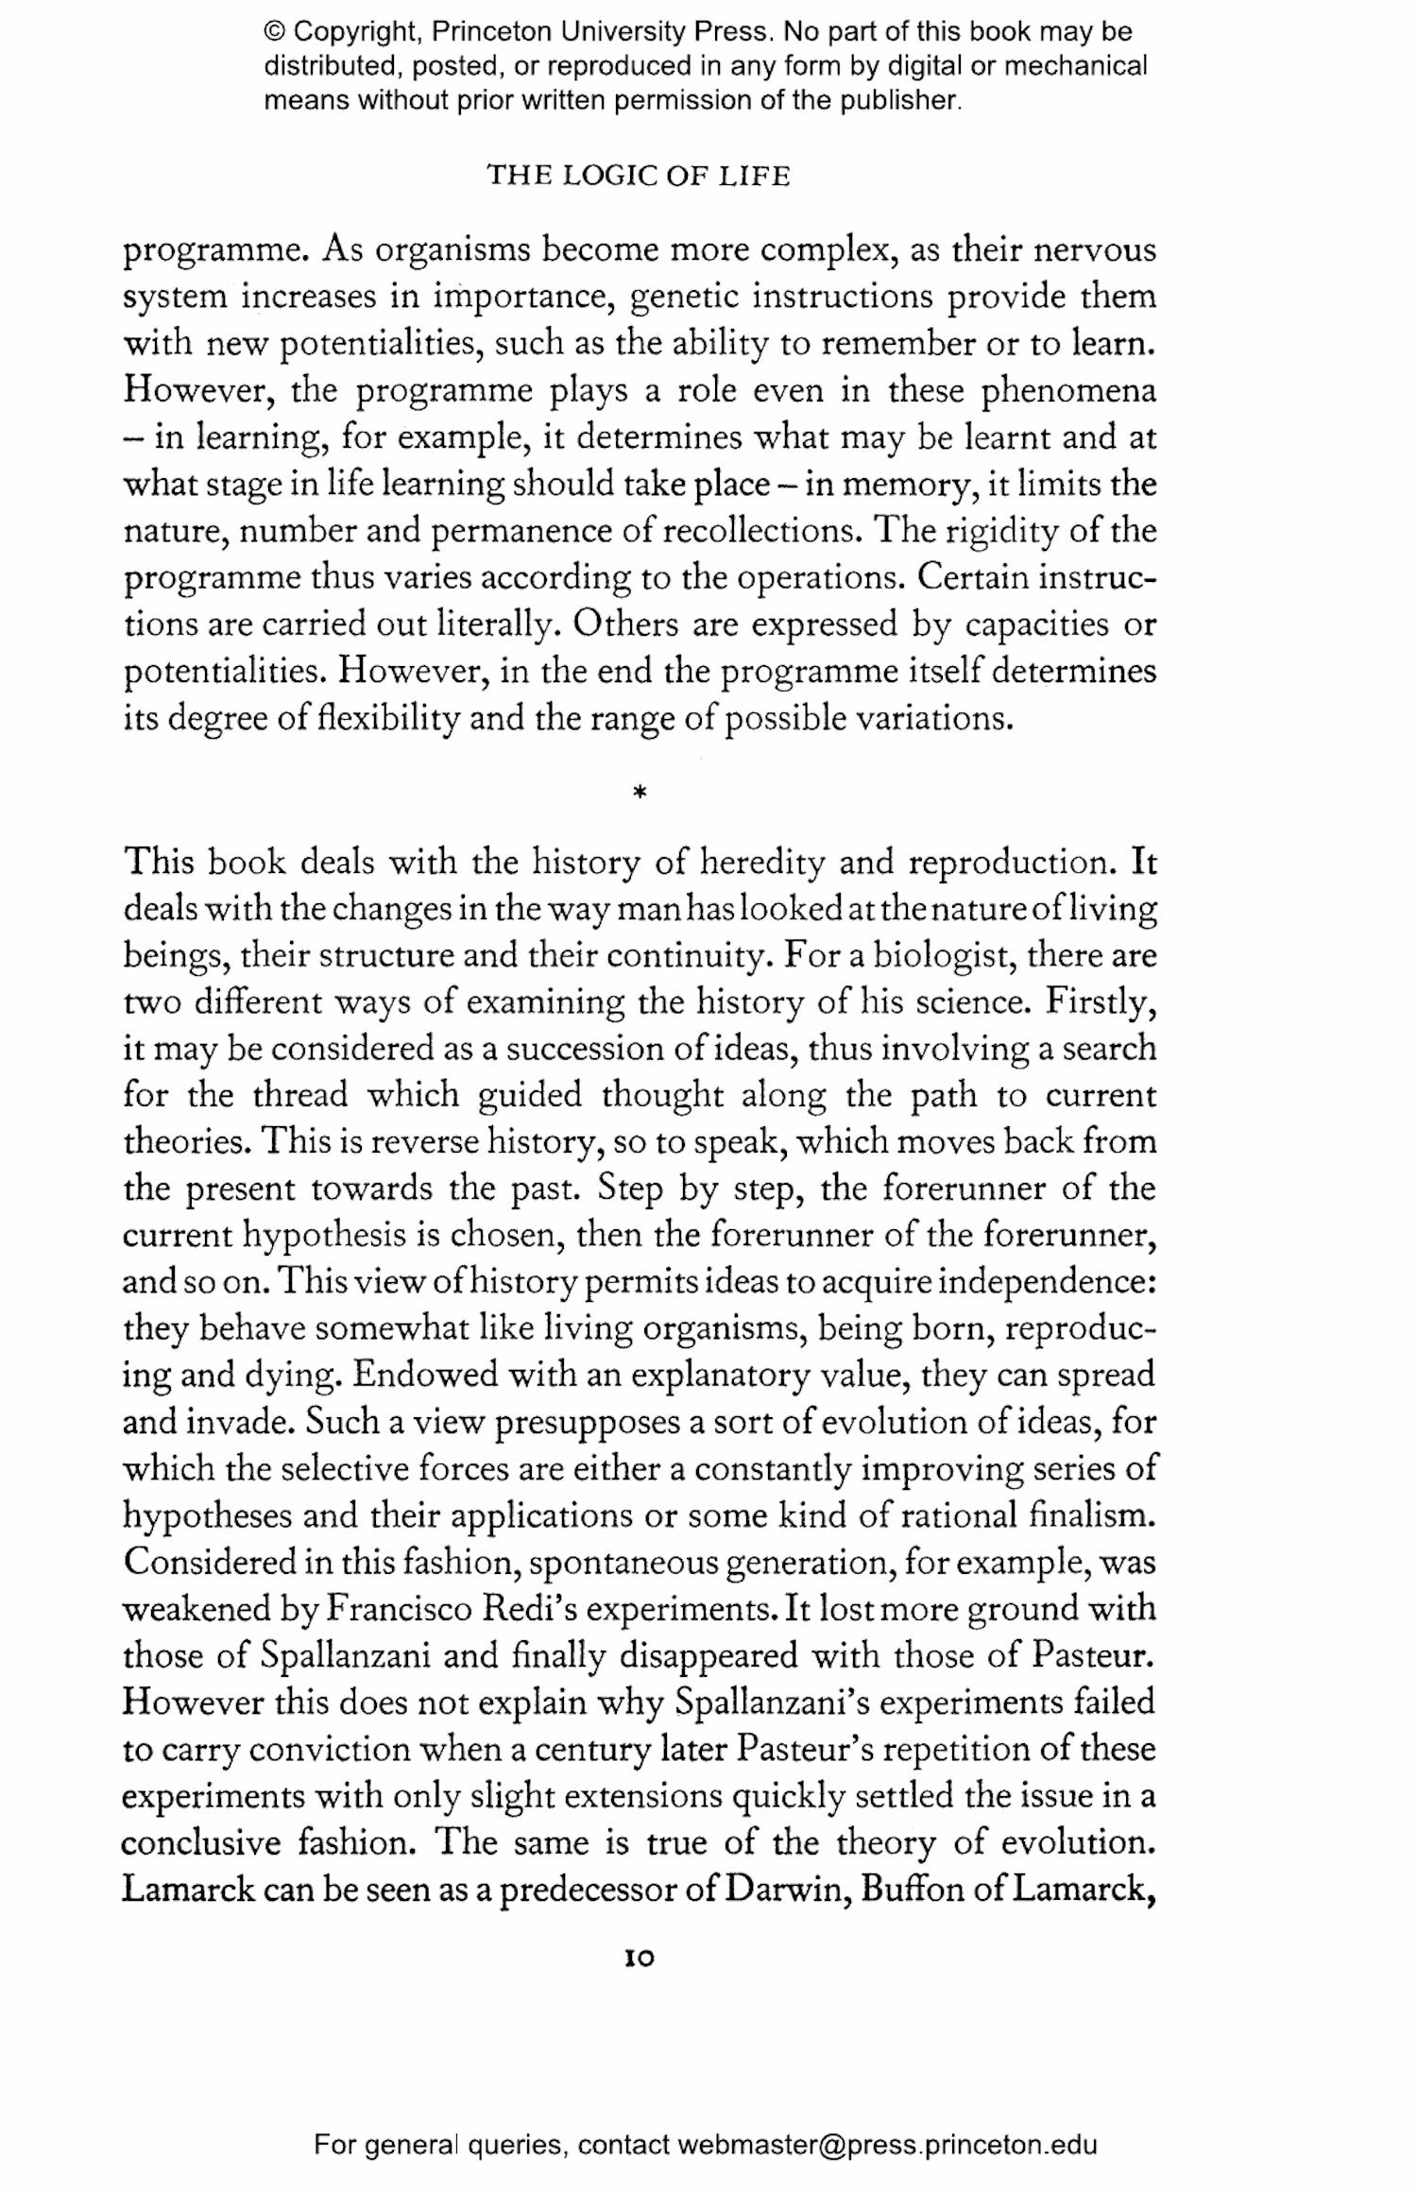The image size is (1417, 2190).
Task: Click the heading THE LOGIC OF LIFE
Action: click(x=638, y=177)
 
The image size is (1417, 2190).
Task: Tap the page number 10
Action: click(x=640, y=1959)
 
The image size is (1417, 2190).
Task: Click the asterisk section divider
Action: click(x=640, y=794)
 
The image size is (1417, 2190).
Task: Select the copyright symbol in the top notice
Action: click(x=275, y=32)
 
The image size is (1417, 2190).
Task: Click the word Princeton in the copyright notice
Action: click(x=491, y=32)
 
